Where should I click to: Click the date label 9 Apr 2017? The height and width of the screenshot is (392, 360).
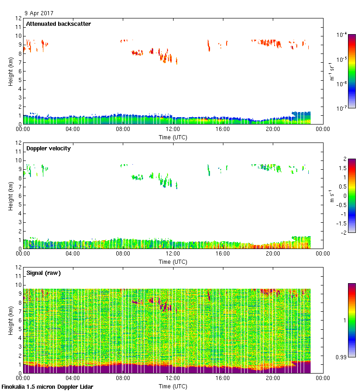(x=39, y=13)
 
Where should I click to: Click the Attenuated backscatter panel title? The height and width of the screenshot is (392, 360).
(x=58, y=24)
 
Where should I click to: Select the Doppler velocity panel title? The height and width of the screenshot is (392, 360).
(x=48, y=148)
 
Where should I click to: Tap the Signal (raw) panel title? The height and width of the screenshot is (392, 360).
(x=43, y=273)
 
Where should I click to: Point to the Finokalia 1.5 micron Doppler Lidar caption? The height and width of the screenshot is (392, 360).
(x=47, y=387)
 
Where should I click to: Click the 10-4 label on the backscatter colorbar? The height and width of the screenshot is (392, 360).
(x=342, y=35)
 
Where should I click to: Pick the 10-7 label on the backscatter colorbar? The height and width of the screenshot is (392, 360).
(x=342, y=108)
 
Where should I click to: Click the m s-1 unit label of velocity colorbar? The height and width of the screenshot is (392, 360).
(x=332, y=196)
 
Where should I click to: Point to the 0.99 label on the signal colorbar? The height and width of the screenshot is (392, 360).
(x=341, y=356)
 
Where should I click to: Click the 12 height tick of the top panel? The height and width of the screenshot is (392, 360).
(x=19, y=18)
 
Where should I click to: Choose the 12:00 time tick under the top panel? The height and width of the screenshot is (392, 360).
(x=173, y=130)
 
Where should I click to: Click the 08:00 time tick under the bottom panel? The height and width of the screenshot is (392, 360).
(x=123, y=379)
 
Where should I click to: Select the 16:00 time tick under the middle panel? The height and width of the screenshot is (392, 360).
(x=223, y=254)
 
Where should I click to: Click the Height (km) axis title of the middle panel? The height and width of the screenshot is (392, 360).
(x=10, y=196)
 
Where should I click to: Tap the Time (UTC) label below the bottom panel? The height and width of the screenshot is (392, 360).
(x=173, y=386)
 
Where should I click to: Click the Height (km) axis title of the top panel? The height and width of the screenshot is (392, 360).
(x=10, y=71)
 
